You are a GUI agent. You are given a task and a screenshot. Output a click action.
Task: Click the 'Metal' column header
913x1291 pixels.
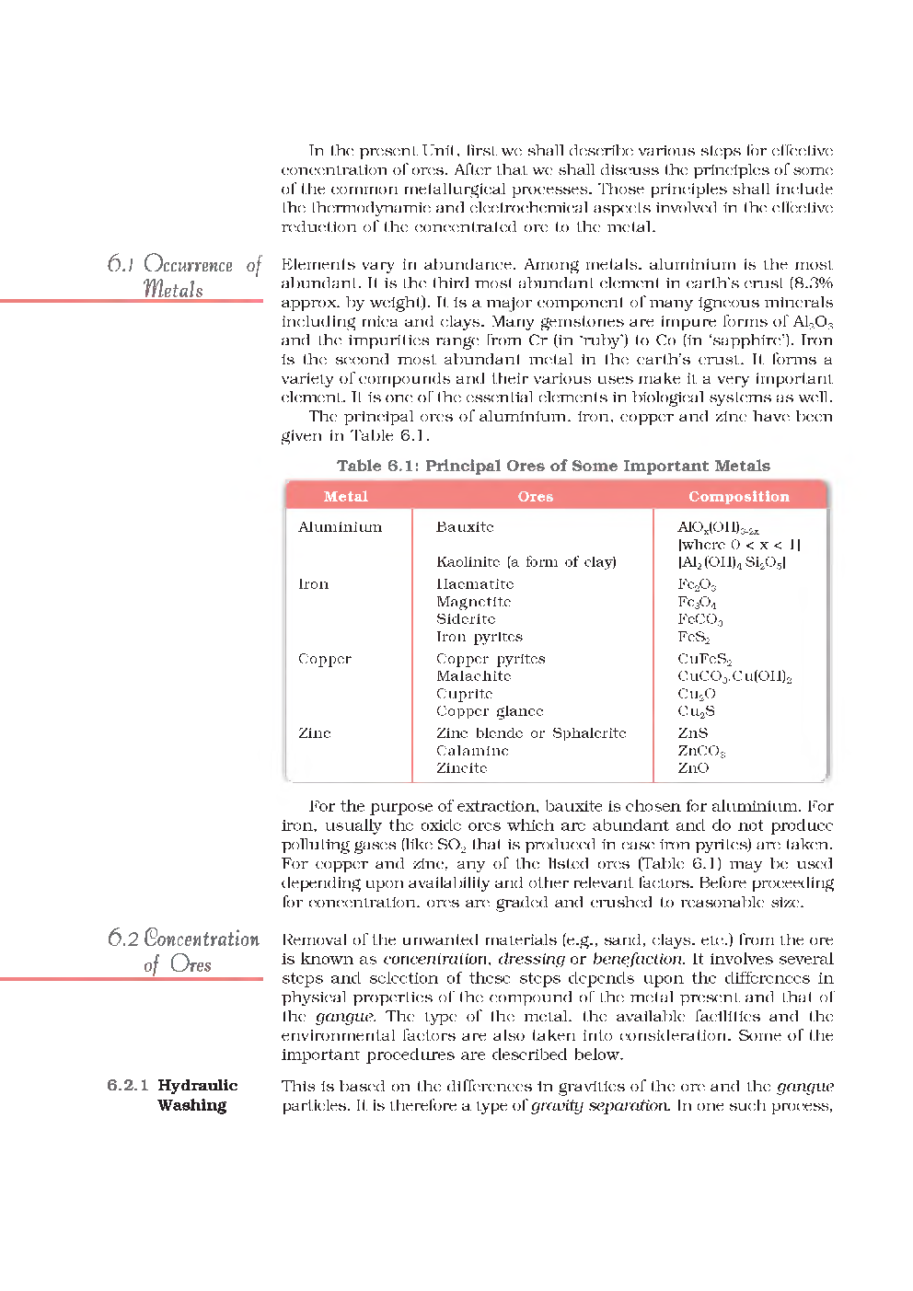[x=345, y=496]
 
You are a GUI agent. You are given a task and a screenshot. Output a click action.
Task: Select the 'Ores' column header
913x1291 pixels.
[x=535, y=496]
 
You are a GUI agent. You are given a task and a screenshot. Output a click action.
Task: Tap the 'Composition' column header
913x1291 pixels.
[x=738, y=496]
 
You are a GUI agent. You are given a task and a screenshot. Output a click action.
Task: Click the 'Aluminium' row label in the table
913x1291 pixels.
[x=340, y=527]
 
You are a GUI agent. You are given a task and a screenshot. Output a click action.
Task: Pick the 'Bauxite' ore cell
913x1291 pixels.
[x=465, y=527]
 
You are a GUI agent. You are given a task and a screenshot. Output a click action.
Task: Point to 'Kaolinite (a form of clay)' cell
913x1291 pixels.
[x=526, y=562]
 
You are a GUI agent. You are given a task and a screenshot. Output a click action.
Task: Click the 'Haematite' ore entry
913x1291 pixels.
[x=475, y=584]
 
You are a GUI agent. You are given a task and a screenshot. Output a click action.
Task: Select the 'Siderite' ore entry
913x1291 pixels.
[x=466, y=619]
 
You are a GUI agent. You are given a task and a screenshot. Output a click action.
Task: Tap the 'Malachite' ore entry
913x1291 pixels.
[x=473, y=676]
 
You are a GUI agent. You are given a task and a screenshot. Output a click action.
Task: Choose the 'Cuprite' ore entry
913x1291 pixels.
[x=464, y=694]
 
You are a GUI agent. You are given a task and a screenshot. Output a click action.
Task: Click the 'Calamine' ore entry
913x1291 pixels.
[x=472, y=751]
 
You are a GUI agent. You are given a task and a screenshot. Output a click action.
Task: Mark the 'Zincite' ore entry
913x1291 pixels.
[x=461, y=768]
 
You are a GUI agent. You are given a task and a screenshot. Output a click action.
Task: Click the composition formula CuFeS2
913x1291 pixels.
[x=705, y=660]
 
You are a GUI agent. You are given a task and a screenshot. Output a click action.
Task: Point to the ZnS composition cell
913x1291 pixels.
[x=692, y=733]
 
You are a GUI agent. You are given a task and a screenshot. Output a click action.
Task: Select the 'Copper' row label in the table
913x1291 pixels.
[x=324, y=660]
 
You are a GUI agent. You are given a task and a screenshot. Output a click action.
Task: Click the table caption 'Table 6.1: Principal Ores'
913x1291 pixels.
[x=553, y=466]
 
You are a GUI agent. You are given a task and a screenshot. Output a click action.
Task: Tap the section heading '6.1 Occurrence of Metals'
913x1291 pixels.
[x=184, y=276]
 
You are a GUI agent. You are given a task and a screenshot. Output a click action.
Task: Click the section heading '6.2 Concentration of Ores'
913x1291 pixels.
[x=183, y=951]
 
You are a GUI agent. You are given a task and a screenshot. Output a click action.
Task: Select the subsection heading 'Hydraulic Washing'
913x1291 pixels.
[x=196, y=1095]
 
